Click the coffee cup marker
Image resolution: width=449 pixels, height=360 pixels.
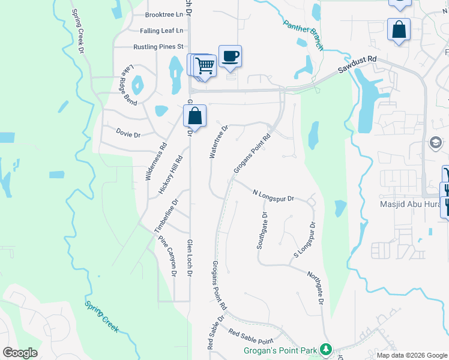click(230, 56)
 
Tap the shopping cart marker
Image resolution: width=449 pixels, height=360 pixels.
click(205, 65)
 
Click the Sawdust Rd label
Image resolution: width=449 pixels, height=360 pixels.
click(357, 65)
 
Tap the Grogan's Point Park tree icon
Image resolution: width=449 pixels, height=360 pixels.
click(325, 349)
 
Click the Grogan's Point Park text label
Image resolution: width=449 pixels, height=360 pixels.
click(280, 350)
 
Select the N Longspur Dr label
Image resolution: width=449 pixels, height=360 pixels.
click(273, 195)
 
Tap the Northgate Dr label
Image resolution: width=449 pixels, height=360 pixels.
click(316, 292)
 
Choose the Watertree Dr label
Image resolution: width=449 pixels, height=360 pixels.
click(219, 142)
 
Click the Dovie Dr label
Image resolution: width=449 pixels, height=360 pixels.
click(128, 134)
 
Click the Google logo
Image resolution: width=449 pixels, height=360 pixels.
click(20, 353)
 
